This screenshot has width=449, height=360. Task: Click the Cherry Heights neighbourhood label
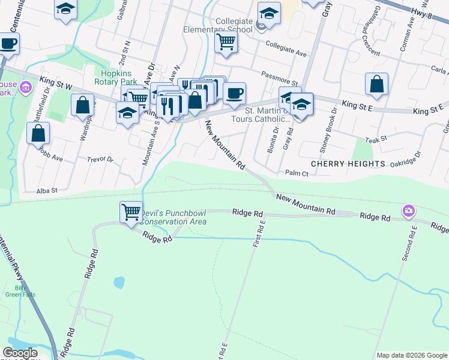pyautogui.click(x=348, y=163)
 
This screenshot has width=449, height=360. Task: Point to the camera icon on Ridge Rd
pyautogui.click(x=409, y=210)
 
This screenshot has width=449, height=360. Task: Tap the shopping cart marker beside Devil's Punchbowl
pyautogui.click(x=131, y=212)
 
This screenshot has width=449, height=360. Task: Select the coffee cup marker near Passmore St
pyautogui.click(x=234, y=92)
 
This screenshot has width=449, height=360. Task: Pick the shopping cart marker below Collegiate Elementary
pyautogui.click(x=226, y=42)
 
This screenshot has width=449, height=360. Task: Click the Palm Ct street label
pyautogui.click(x=297, y=173)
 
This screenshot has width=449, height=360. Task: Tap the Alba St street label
pyautogui.click(x=47, y=190)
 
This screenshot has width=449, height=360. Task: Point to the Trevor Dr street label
pyautogui.click(x=100, y=160)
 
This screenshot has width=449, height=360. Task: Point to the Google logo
pyautogui.click(x=20, y=353)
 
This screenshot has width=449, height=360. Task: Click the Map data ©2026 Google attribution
pyautogui.click(x=412, y=355)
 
